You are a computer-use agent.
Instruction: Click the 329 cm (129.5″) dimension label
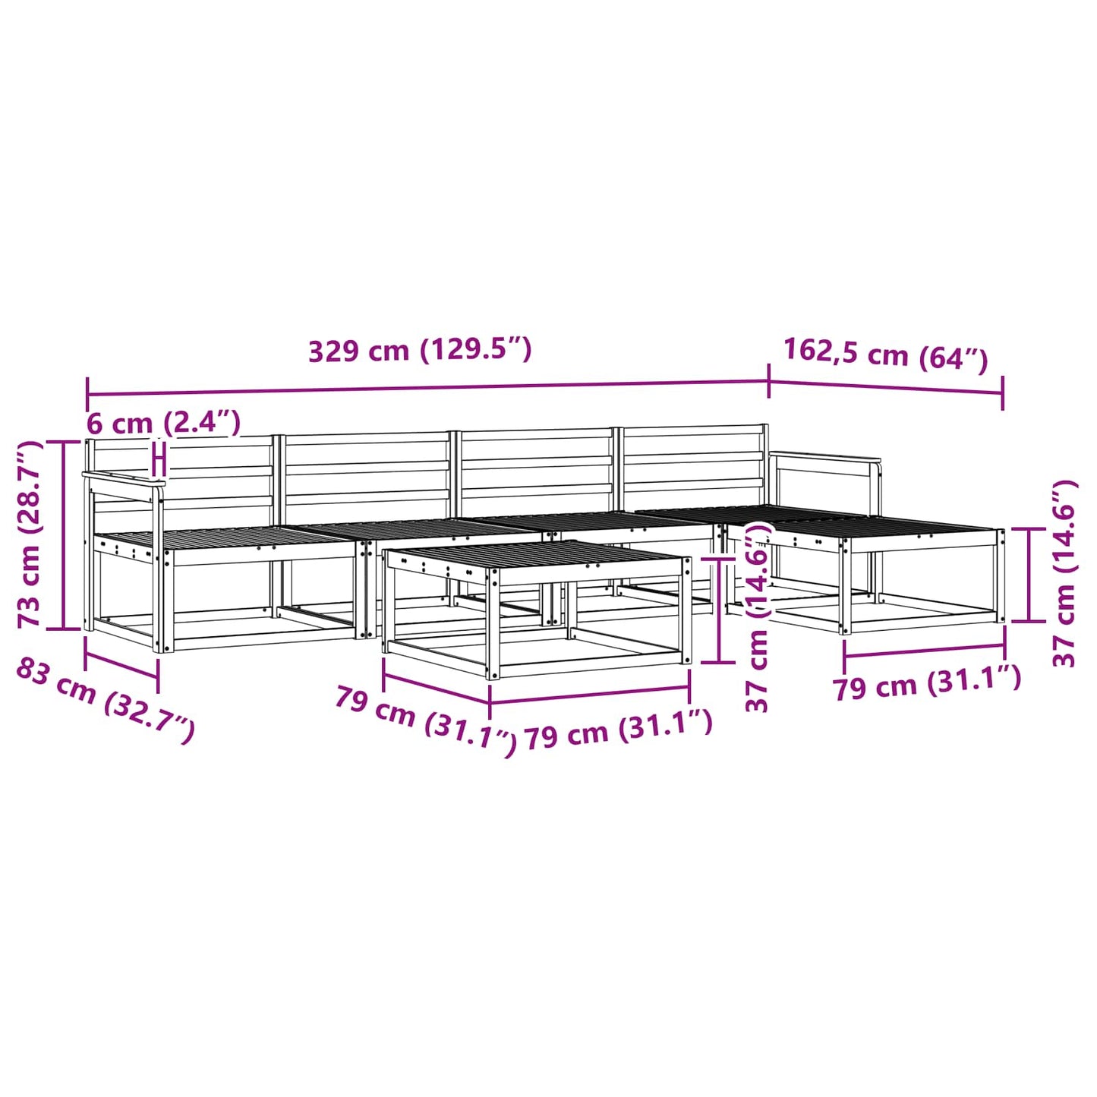click(x=420, y=351)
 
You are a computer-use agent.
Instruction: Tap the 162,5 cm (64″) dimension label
click(x=885, y=357)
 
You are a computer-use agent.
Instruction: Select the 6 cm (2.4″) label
click(x=163, y=423)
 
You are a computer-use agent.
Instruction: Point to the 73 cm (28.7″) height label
click(x=30, y=534)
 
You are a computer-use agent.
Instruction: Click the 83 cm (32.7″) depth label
click(x=106, y=700)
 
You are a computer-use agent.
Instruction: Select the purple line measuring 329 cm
click(x=427, y=388)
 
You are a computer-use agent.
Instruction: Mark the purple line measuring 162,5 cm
click(x=886, y=386)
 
